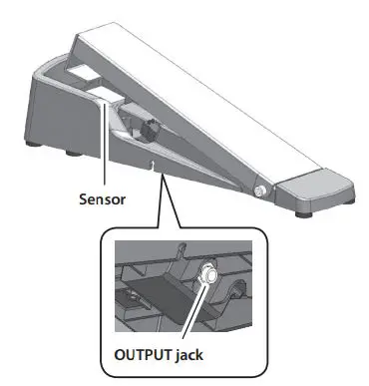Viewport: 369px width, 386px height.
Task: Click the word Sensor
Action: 105,196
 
